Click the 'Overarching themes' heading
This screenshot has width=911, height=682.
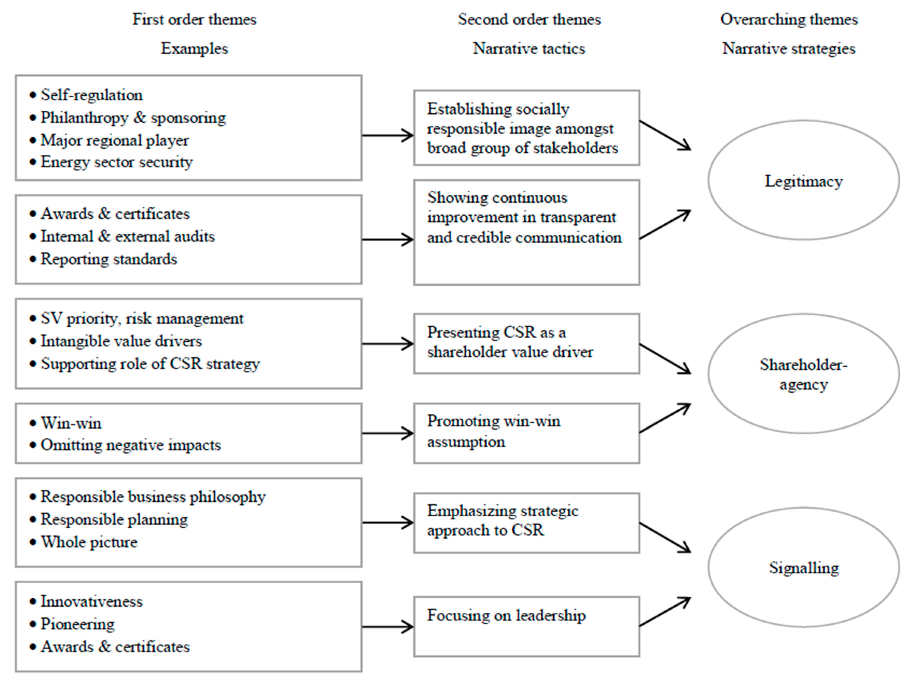pyautogui.click(x=789, y=19)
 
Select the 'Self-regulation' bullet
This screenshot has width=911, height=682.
pyautogui.click(x=92, y=95)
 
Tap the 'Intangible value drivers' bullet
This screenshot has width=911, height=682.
pyautogui.click(x=121, y=341)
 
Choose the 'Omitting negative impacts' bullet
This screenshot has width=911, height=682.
pyautogui.click(x=130, y=445)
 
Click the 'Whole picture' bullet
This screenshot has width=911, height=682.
pyautogui.click(x=89, y=542)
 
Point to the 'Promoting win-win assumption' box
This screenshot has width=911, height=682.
pyautogui.click(x=526, y=433)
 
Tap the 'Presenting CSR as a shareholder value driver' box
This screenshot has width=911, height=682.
pyautogui.click(x=526, y=343)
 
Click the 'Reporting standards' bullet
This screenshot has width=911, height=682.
pyautogui.click(x=109, y=259)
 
